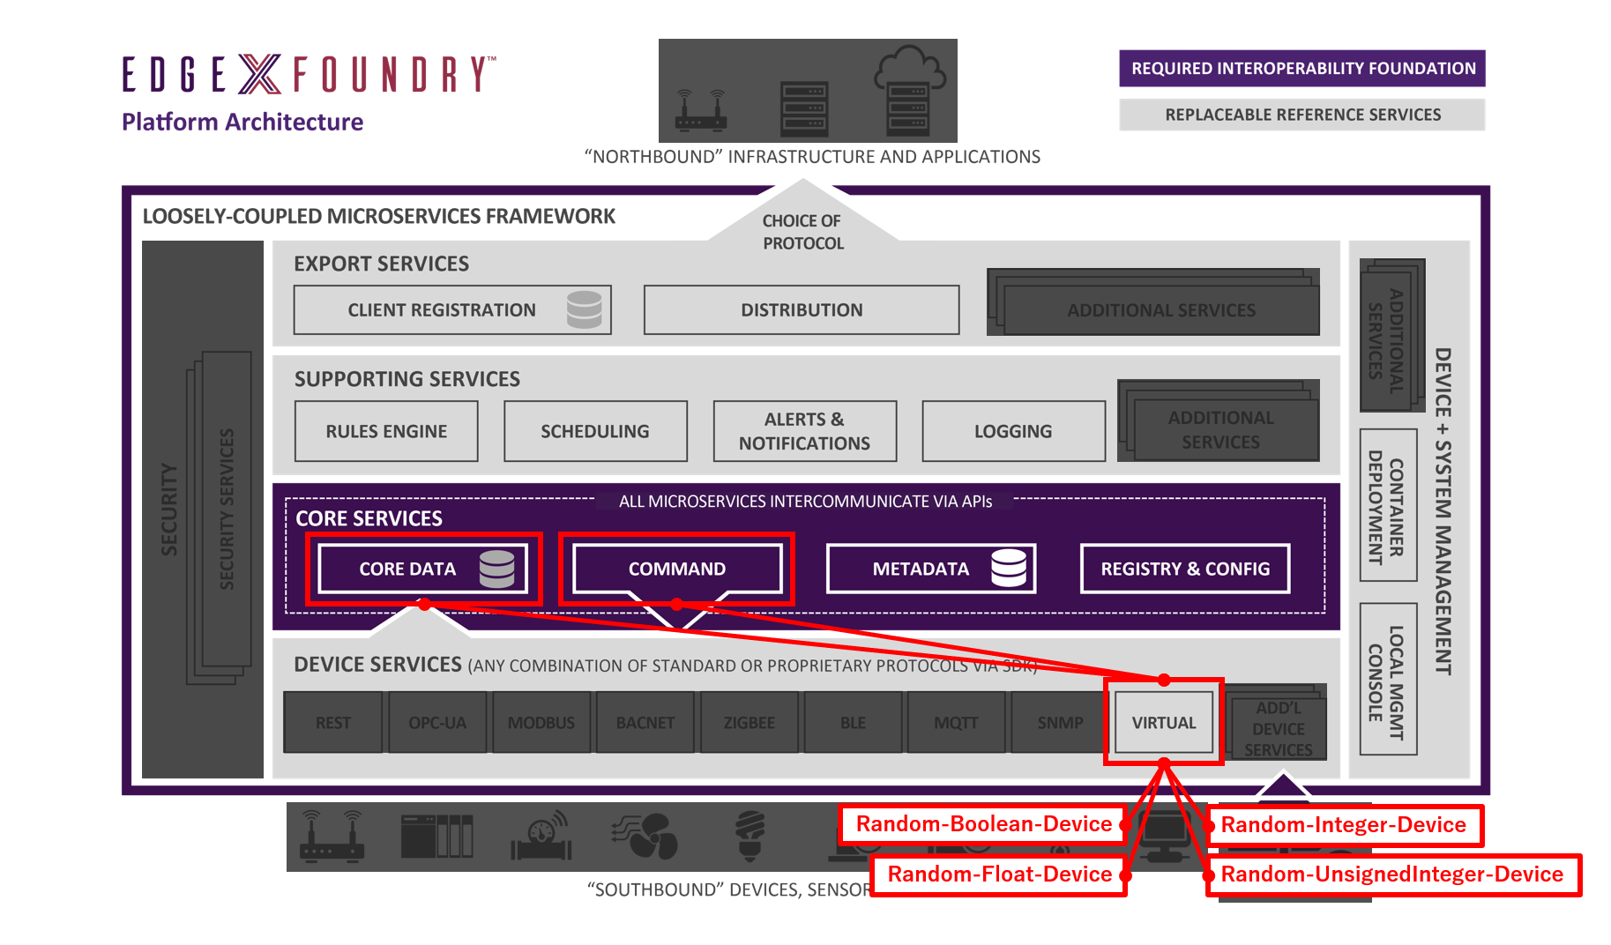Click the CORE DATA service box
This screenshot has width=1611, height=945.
[422, 569]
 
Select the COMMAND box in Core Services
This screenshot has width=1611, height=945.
[676, 569]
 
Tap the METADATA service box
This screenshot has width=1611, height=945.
[930, 569]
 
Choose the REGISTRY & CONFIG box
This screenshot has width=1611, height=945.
[1184, 569]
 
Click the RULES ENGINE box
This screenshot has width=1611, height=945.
[386, 431]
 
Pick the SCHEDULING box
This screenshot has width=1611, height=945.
[595, 431]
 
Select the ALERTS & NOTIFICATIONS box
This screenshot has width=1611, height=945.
[804, 431]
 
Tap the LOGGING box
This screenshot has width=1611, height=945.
[1013, 431]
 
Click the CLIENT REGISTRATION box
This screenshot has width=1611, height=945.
[451, 309]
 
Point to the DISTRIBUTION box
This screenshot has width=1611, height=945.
[802, 309]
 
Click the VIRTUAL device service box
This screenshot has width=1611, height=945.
[1164, 723]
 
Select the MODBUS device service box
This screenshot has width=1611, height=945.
[541, 723]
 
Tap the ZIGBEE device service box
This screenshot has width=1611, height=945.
[749, 723]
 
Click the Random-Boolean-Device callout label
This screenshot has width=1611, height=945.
[983, 824]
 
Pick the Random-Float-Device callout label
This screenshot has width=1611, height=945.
[999, 874]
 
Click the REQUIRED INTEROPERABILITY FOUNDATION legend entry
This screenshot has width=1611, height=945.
[1302, 69]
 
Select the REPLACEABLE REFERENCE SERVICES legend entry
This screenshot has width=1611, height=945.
[1302, 115]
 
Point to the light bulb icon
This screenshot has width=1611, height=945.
[750, 834]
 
